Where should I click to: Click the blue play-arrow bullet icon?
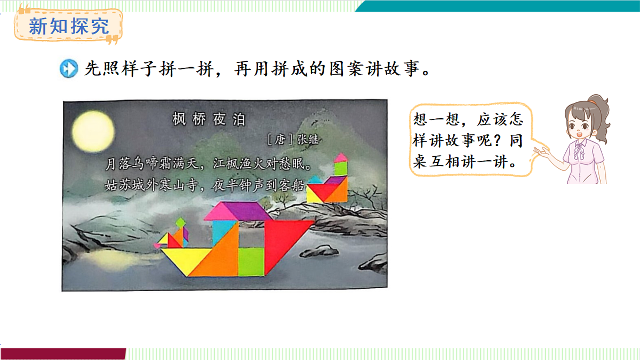[x=69, y=69]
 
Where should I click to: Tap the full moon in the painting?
[x=94, y=131]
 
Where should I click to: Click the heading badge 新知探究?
[x=68, y=26]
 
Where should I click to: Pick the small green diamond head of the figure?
[x=181, y=222]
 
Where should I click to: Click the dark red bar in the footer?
[x=63, y=354]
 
